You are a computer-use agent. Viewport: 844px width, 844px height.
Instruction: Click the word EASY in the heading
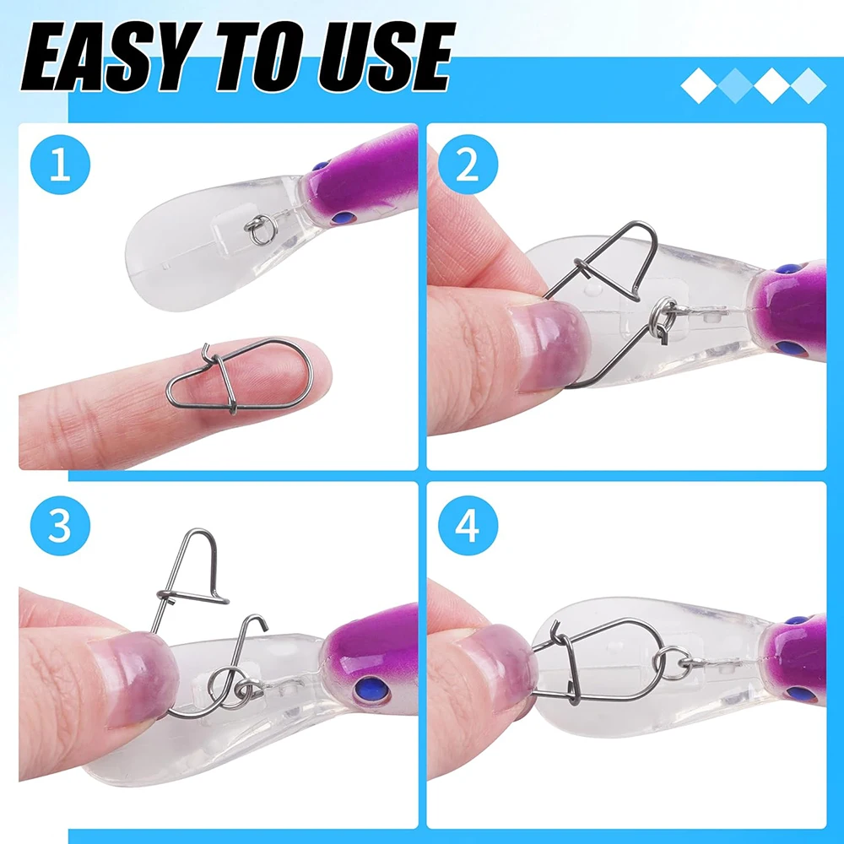pos(102,57)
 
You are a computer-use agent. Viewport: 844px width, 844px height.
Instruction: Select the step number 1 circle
pos(60,165)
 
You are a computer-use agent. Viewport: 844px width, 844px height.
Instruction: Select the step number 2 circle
pos(468,165)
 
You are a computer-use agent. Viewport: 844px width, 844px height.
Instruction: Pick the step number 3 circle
pos(60,525)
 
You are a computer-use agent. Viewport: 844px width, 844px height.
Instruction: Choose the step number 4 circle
pos(468,525)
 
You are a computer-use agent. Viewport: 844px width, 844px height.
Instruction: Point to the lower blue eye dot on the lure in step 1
pos(344,218)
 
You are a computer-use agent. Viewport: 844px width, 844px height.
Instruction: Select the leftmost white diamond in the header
pos(699,85)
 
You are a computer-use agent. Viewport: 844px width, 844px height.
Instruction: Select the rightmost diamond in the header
pos(808,85)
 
